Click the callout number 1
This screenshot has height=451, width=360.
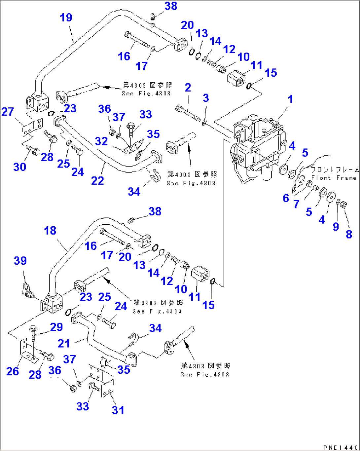point(290,99)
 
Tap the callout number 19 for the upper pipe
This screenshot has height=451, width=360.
point(66,18)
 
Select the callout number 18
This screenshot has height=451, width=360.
point(50,231)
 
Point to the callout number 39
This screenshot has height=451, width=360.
point(20,261)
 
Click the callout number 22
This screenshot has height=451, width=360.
point(97,180)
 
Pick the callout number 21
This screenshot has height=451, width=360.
point(64,344)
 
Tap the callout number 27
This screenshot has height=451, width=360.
point(8,112)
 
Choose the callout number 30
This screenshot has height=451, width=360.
point(19,167)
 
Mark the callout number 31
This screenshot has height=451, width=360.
point(118,410)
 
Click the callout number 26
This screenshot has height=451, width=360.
point(13,371)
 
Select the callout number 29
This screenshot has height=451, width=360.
point(56,327)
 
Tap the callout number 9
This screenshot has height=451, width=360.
point(336,226)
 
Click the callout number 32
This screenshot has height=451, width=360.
point(101,141)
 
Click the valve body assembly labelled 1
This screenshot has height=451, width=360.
point(259,145)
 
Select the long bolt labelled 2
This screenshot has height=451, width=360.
point(188,112)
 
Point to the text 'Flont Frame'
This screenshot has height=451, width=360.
point(334,178)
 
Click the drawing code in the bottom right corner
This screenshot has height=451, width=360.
point(340,448)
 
